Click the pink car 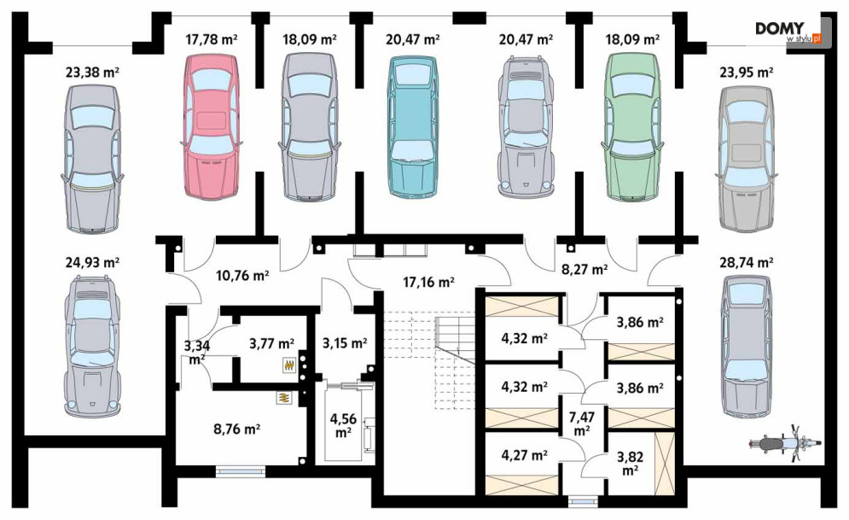[x=211, y=126]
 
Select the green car [x=633, y=126]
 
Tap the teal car [x=412, y=126]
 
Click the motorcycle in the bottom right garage [x=785, y=444]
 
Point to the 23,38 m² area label [x=93, y=72]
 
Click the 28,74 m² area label [x=746, y=263]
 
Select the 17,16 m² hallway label [x=428, y=282]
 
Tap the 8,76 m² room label [x=237, y=429]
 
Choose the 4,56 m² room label [x=343, y=425]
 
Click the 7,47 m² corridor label [x=582, y=424]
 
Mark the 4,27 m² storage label [x=524, y=455]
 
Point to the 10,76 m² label [x=242, y=276]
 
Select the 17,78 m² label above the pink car [x=211, y=39]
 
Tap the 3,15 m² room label [x=345, y=343]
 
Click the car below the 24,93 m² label [x=93, y=346]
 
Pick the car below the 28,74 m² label [x=746, y=346]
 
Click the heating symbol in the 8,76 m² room [x=284, y=398]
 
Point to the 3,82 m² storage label [x=630, y=464]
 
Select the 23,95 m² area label [x=746, y=72]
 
